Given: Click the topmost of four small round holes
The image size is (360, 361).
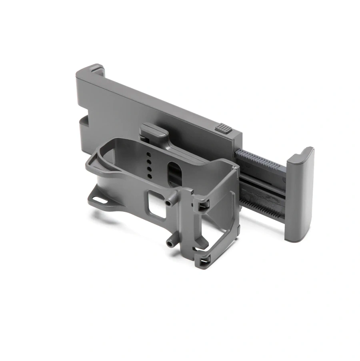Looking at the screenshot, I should coord(149,154).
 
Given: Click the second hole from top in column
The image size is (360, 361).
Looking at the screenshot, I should coord(149,162).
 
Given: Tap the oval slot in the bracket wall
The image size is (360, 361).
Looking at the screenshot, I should coord(174,172).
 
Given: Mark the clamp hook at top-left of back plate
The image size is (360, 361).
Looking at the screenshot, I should coord(95,70).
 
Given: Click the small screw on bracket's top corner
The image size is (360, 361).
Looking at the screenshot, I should coord(237,166).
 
